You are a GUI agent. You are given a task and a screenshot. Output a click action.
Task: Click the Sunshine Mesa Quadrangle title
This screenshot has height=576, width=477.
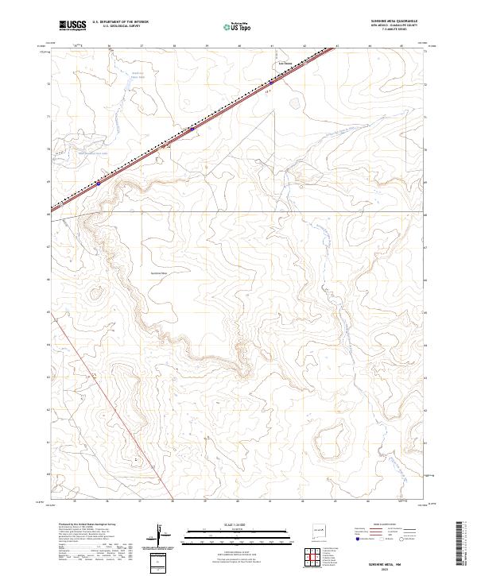click(394, 21)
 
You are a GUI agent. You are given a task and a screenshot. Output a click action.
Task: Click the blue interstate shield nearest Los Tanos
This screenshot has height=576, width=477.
click(270, 81)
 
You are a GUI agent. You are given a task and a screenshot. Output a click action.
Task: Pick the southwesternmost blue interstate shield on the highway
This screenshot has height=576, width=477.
click(98, 182)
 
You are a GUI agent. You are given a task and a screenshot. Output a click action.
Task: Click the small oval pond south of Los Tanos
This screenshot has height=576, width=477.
click(295, 102)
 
